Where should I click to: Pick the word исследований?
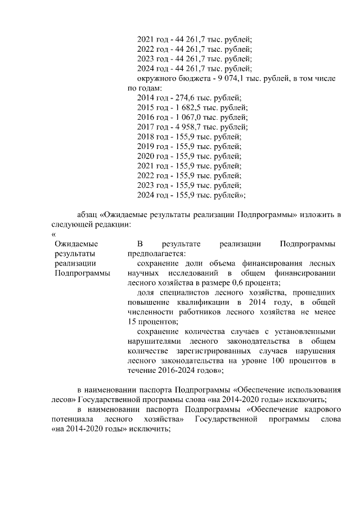click(195, 273)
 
